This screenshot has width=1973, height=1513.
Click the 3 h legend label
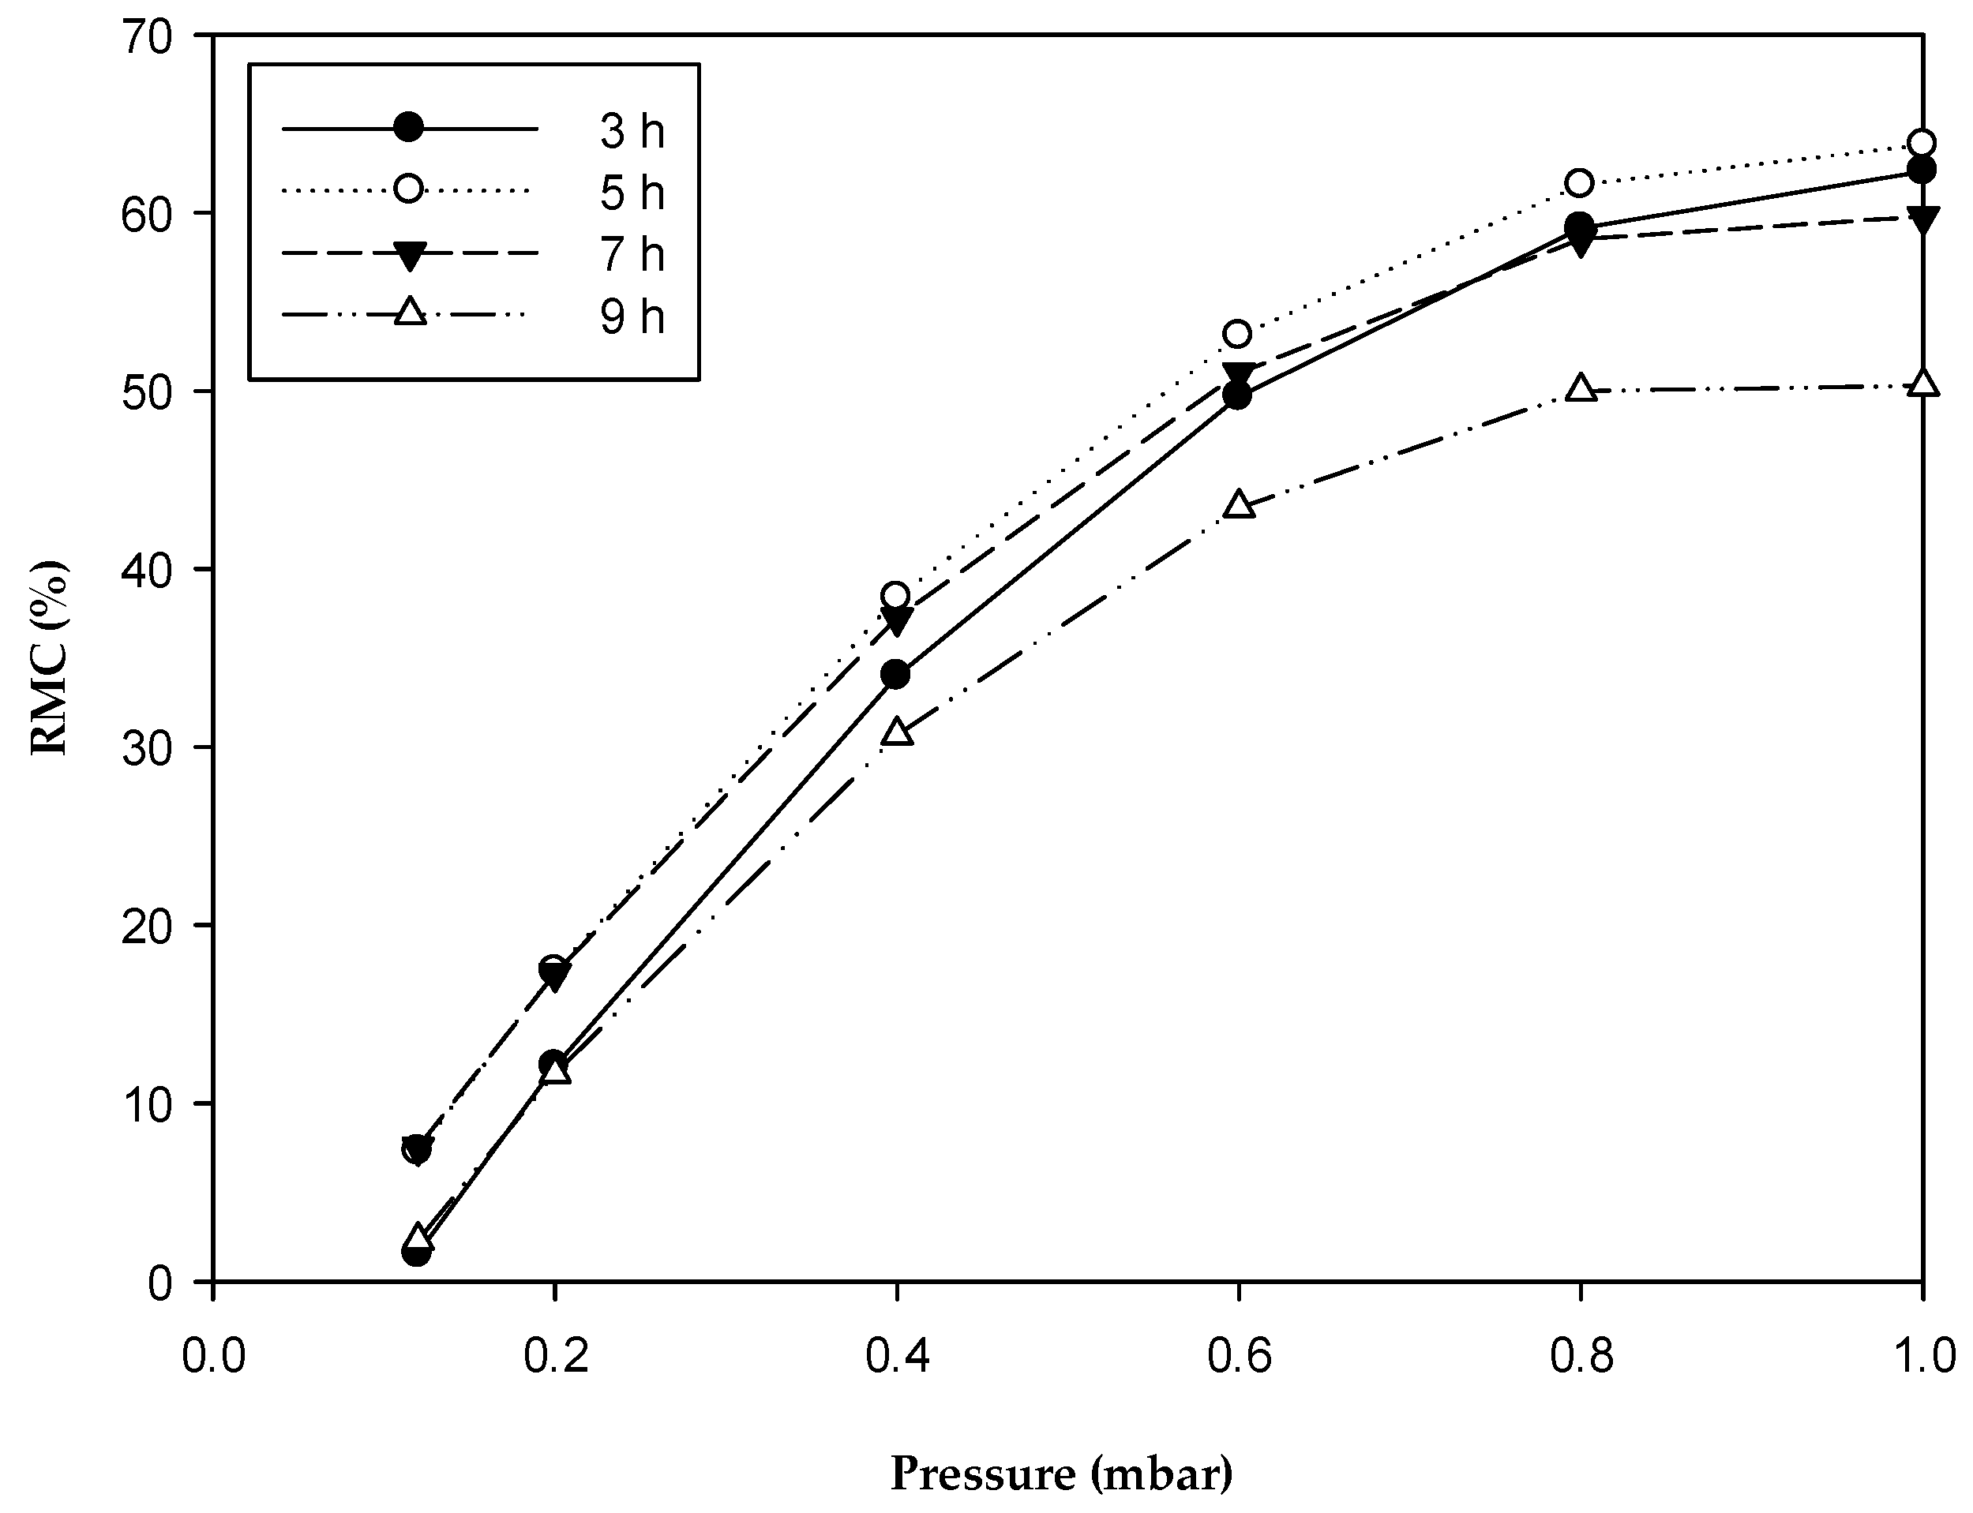tap(632, 132)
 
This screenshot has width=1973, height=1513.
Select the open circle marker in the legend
tap(409, 189)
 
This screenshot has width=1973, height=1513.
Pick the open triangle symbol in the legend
tap(409, 313)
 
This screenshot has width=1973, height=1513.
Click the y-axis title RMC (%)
tap(51, 657)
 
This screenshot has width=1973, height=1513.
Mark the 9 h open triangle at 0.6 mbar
tap(1240, 505)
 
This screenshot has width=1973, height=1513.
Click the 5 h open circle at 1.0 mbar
tap(1922, 143)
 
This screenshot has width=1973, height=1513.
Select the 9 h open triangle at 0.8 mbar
tap(1581, 388)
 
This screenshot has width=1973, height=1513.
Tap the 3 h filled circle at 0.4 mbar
tap(896, 674)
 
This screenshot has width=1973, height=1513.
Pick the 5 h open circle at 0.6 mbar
tap(1239, 334)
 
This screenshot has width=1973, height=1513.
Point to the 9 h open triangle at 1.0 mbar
tap(1922, 384)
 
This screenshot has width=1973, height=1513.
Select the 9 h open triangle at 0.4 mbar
tap(898, 732)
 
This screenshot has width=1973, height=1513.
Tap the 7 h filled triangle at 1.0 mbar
tap(1922, 219)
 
